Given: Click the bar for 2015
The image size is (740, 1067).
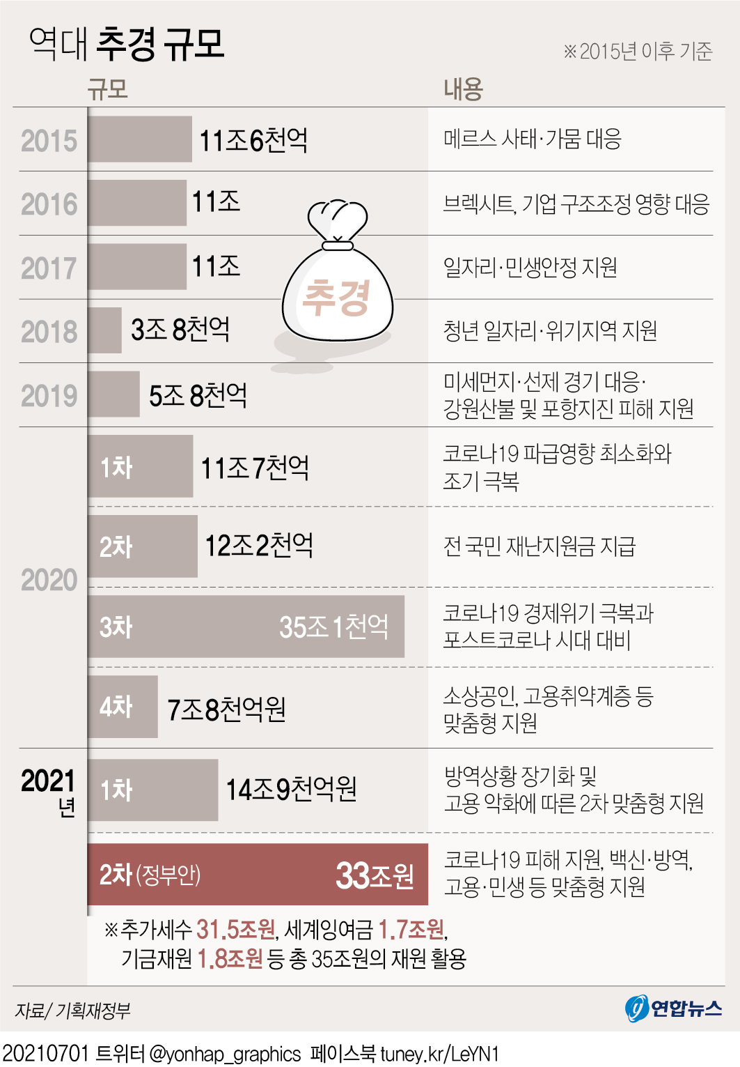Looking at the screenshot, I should pyautogui.click(x=140, y=139).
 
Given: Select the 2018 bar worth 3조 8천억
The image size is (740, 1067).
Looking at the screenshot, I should pyautogui.click(x=105, y=330).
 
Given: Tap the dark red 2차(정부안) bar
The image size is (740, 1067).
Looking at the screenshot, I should pyautogui.click(x=258, y=874).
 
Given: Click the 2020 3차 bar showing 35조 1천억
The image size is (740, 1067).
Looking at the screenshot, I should pyautogui.click(x=246, y=627).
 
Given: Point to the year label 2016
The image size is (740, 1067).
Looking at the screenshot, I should pyautogui.click(x=49, y=204).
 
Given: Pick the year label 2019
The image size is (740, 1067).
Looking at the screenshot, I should pyautogui.click(x=49, y=396).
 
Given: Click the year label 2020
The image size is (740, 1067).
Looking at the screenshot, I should pyautogui.click(x=49, y=580).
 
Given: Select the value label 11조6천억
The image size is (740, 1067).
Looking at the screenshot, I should pyautogui.click(x=253, y=140).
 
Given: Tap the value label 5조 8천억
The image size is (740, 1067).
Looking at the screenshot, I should pyautogui.click(x=198, y=395).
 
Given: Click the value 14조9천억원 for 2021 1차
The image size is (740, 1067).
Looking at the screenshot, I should pyautogui.click(x=291, y=789).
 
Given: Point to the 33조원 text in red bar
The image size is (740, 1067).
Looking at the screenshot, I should pyautogui.click(x=375, y=875).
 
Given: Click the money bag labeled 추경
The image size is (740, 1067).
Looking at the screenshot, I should pyautogui.click(x=338, y=293).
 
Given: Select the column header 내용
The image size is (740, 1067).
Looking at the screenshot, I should pyautogui.click(x=463, y=89).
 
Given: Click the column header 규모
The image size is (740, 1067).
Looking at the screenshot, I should pyautogui.click(x=108, y=89).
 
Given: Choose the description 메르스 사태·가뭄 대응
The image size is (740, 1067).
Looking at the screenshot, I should pyautogui.click(x=532, y=139).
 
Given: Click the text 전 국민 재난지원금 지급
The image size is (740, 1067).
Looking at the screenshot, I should pyautogui.click(x=540, y=546).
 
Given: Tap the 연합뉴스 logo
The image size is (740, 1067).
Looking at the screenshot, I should pyautogui.click(x=673, y=1008).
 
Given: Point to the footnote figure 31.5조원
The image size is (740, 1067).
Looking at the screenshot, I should pyautogui.click(x=235, y=929).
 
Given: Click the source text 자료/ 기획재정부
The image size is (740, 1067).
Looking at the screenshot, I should pyautogui.click(x=72, y=1010).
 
